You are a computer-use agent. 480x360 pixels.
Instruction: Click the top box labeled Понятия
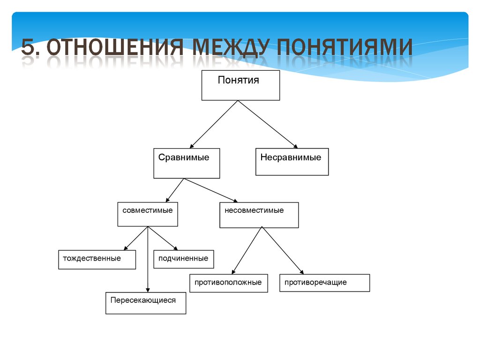click(240, 85)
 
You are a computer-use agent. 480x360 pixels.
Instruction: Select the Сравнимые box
click(187, 163)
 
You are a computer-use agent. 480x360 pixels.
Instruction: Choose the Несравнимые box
click(292, 162)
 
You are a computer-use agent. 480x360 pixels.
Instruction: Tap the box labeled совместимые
click(148, 214)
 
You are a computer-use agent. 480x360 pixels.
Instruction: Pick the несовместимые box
click(259, 215)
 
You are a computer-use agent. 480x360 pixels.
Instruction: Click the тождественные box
click(97, 259)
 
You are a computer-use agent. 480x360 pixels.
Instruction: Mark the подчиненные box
click(183, 259)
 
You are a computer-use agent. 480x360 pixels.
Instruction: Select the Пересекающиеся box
click(145, 303)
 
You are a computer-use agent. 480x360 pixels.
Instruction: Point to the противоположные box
click(228, 283)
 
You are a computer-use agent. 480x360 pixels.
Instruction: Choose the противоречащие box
click(324, 283)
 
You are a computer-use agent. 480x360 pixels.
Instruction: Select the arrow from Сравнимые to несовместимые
click(211, 190)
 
